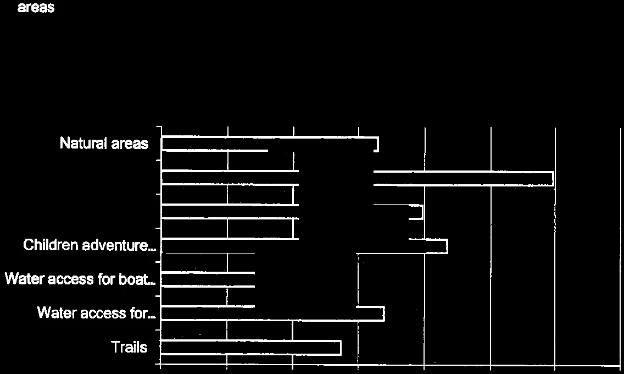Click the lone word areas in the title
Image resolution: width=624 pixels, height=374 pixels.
[36, 7]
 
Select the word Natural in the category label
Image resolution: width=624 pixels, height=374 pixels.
[83, 143]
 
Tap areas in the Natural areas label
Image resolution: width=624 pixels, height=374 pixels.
[130, 144]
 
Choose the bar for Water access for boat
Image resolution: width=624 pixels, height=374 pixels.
[208, 279]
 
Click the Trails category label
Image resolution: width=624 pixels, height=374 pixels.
[129, 347]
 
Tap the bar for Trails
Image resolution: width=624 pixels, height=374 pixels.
[250, 348]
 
